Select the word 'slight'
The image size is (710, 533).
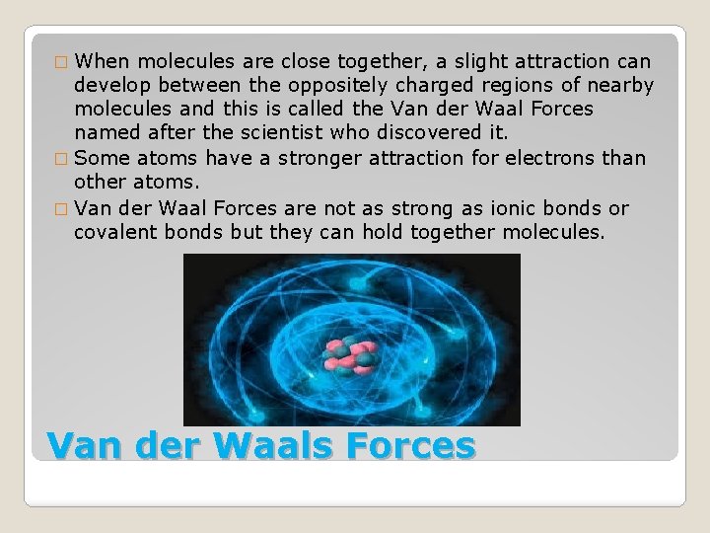(477, 59)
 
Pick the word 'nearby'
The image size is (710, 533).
(618, 84)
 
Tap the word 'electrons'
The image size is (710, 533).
(552, 157)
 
